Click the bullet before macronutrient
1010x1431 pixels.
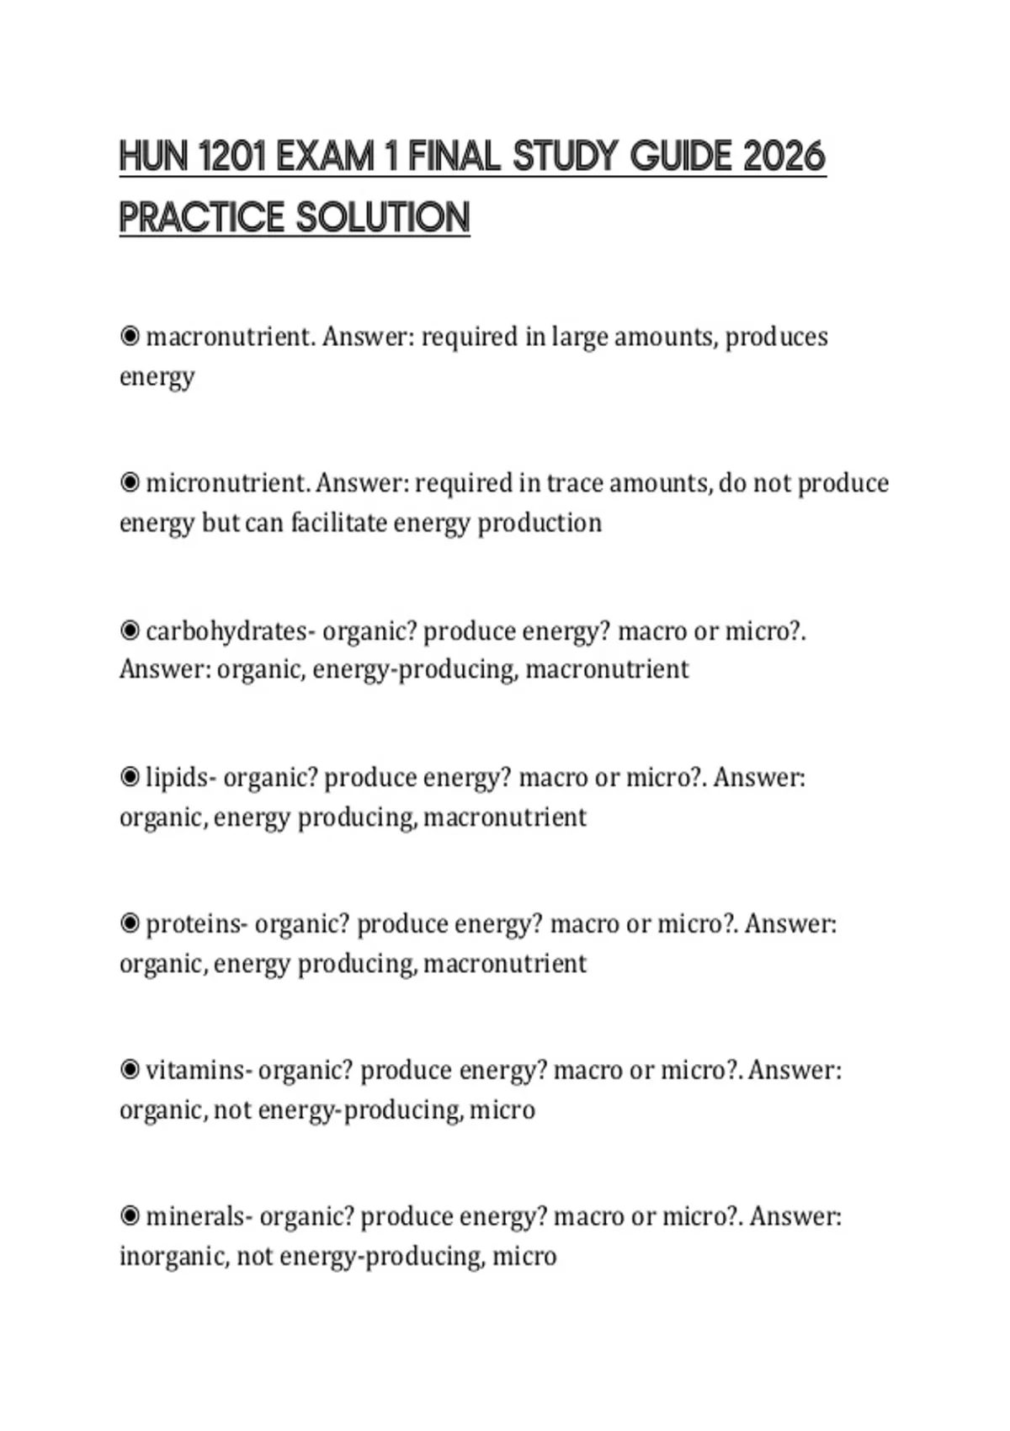pyautogui.click(x=130, y=338)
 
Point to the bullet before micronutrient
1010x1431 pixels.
pyautogui.click(x=130, y=484)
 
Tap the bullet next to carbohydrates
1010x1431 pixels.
pyautogui.click(x=130, y=630)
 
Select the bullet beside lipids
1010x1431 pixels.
pyautogui.click(x=130, y=777)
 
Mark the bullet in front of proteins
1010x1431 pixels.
pyautogui.click(x=130, y=924)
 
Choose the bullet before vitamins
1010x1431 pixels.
pyautogui.click(x=130, y=1071)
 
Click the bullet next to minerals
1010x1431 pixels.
pyautogui.click(x=130, y=1217)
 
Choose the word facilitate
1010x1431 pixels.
pyautogui.click(x=338, y=523)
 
